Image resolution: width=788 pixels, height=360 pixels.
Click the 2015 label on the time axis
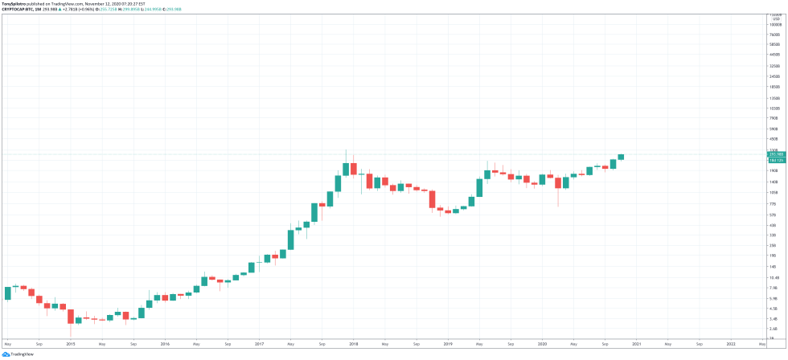[x=71, y=343]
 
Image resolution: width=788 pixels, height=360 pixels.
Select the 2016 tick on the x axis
[x=165, y=343]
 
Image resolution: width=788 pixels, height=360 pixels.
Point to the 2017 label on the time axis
[x=259, y=343]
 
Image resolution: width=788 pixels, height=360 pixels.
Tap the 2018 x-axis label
[x=353, y=343]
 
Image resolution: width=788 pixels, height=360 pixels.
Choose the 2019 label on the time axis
[x=447, y=343]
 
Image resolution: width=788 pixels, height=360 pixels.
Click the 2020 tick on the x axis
[x=541, y=343]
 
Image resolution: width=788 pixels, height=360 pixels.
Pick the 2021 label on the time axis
[x=636, y=343]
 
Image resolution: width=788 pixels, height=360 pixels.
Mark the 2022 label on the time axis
[x=730, y=343]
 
